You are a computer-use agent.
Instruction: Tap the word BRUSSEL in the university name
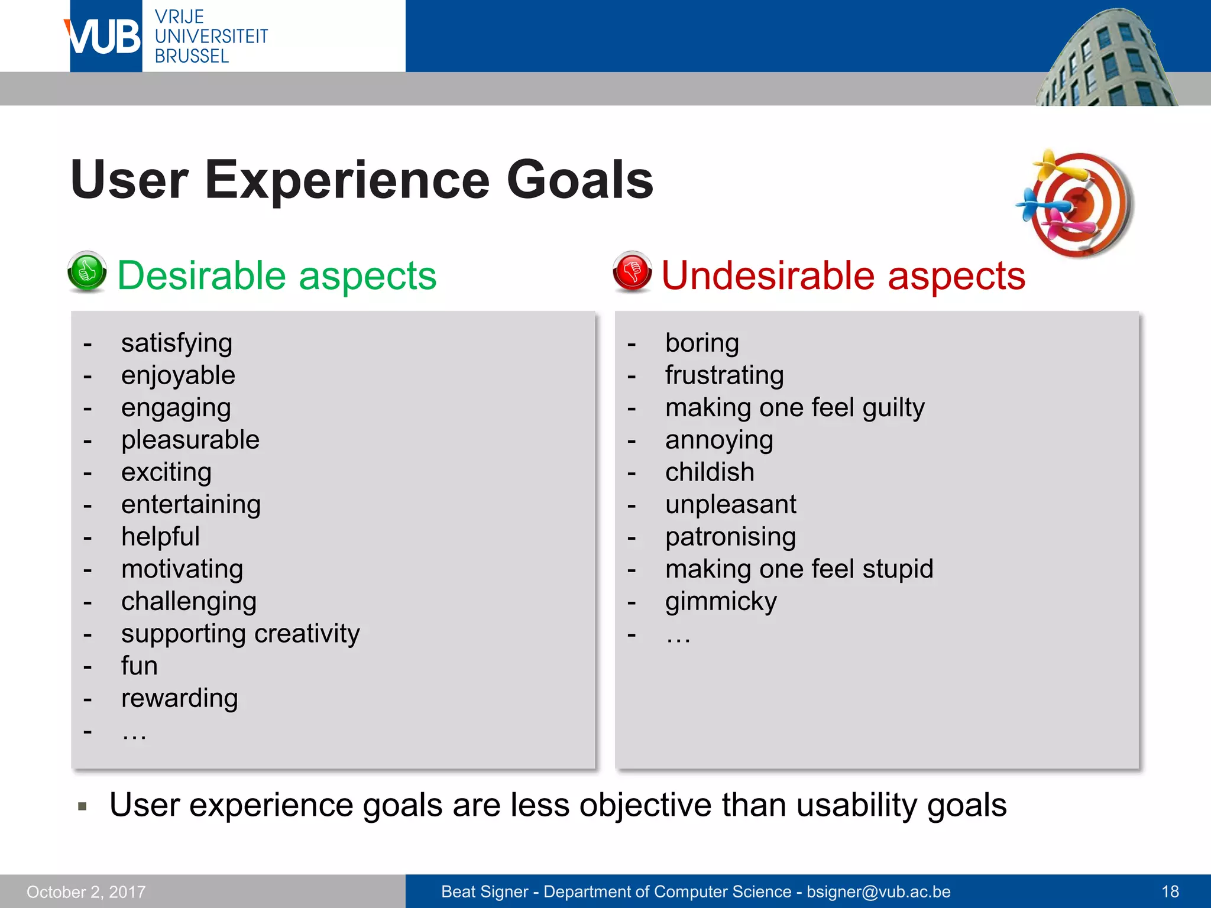192,56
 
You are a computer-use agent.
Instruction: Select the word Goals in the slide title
579,180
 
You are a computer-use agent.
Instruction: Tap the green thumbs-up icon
87,272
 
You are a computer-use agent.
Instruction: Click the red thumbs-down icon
632,272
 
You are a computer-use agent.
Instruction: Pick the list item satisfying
176,343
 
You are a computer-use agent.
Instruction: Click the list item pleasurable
190,440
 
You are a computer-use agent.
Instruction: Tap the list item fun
140,666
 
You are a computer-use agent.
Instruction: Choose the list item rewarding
179,698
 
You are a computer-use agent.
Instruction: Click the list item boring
701,343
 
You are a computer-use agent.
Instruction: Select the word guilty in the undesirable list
893,408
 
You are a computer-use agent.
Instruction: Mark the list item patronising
730,537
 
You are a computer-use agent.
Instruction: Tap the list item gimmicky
720,602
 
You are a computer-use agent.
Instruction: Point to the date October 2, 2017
86,891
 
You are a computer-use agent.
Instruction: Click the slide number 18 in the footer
1170,891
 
